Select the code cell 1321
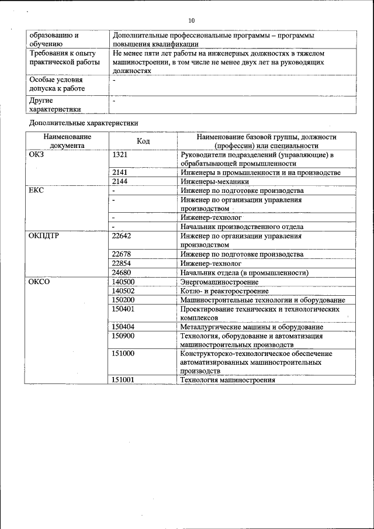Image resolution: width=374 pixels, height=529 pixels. pos(120,155)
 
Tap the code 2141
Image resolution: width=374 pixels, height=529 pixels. pos(120,172)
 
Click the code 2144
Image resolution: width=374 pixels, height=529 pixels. pos(120,182)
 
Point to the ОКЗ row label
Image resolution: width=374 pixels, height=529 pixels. pos(36,155)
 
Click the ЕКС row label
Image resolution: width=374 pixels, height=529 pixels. pos(36,191)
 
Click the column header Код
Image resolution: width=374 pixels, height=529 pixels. pos(143,141)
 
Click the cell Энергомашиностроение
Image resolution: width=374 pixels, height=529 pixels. pos(221,281)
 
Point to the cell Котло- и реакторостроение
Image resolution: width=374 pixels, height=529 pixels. pos(224,291)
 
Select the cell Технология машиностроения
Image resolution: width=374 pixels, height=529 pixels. pos(227,379)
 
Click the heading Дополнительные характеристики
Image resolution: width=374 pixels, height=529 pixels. pos(83,123)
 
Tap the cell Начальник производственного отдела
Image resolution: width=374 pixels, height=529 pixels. pos(242,227)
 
